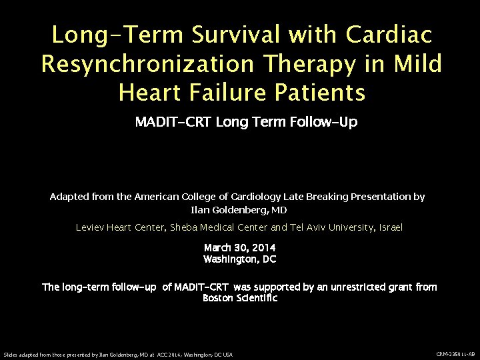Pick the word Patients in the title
(x=325, y=93)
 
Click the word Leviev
(x=91, y=227)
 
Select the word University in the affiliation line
(x=349, y=227)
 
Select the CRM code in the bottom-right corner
(x=455, y=354)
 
